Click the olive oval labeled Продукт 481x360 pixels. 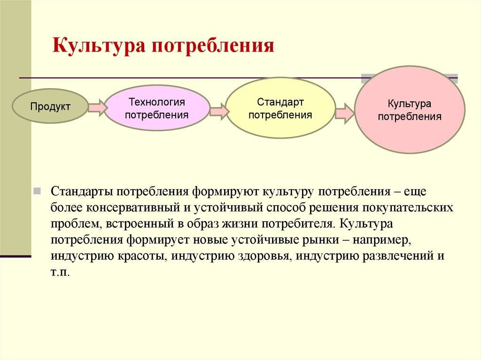[x=50, y=107]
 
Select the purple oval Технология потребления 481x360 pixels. [x=157, y=108]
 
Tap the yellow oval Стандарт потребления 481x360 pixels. [x=280, y=108]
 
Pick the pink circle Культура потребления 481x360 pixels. [x=410, y=109]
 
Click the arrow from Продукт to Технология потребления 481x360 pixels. [x=98, y=107]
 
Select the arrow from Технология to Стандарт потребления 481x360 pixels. [x=219, y=111]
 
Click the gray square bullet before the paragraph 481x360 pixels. [x=37, y=191]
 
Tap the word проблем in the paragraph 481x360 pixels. [x=76, y=224]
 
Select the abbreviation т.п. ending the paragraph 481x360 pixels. [x=60, y=272]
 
